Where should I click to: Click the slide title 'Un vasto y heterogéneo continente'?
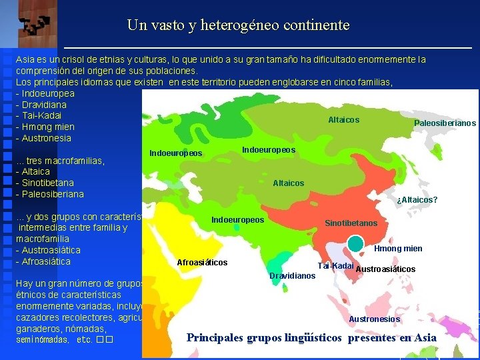[x=238, y=26]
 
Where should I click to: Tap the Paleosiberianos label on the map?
[x=445, y=123]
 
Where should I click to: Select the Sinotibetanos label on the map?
[x=351, y=223]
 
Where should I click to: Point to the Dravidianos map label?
[x=292, y=275]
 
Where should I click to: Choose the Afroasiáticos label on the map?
[x=202, y=263]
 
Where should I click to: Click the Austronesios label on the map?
[x=374, y=319]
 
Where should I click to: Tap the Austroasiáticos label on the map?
[x=386, y=269]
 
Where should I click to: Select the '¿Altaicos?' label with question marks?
[x=417, y=200]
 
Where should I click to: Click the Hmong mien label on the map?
[x=398, y=249]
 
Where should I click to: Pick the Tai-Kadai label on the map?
[x=335, y=266]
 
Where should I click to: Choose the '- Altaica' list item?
[x=35, y=171]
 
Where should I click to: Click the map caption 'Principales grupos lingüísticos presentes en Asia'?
[x=311, y=338]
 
